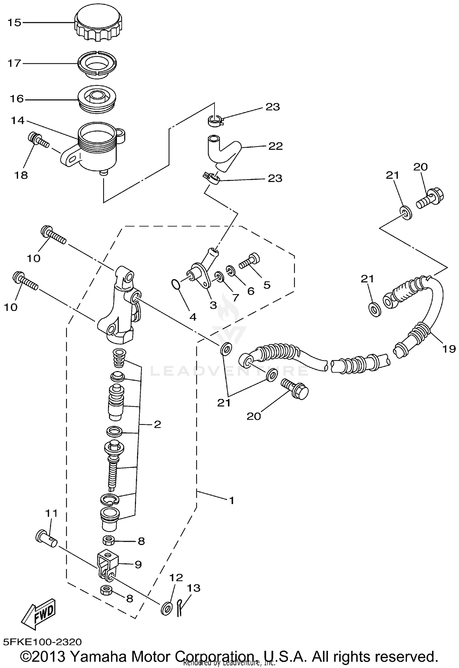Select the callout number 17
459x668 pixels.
[x=14, y=63]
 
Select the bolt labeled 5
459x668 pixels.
[x=249, y=260]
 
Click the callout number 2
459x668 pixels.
[x=157, y=424]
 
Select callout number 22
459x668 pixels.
[x=275, y=146]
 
